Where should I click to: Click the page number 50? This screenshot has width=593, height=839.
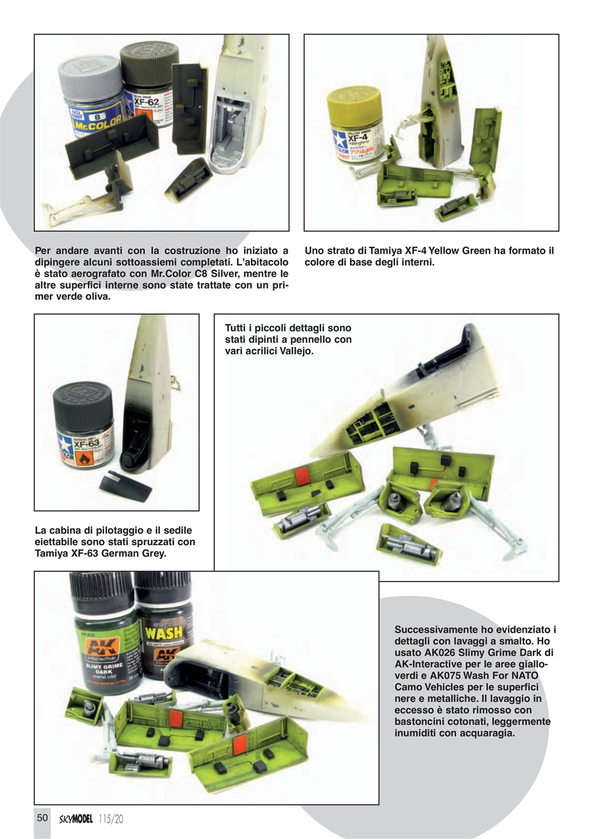tap(43, 818)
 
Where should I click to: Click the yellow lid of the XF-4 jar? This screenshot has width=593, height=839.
tap(354, 100)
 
